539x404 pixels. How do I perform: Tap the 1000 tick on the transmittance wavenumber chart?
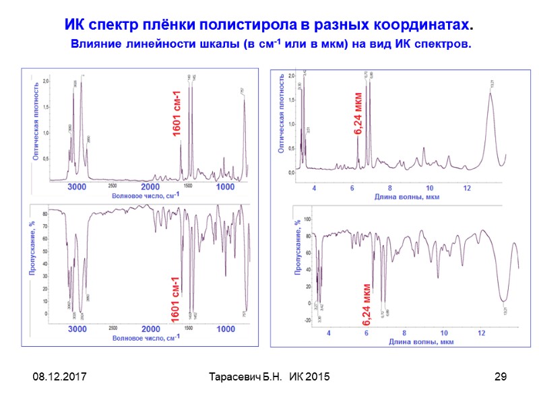226,329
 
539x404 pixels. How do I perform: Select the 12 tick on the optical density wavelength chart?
467,188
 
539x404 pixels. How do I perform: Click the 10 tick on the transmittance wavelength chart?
443,333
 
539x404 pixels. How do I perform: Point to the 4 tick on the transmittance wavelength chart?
329,333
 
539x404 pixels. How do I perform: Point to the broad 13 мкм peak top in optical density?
490,94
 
